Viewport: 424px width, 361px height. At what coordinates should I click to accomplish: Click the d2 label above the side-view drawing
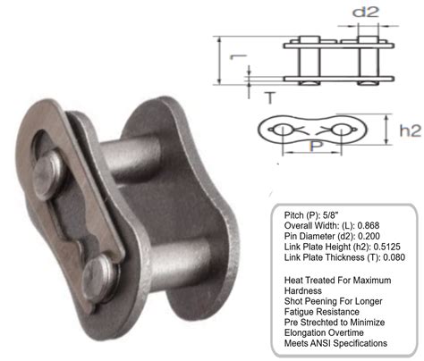click(366, 12)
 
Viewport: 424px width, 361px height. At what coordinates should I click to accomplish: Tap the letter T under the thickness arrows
click(270, 97)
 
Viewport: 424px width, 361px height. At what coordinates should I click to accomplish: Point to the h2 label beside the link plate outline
click(411, 130)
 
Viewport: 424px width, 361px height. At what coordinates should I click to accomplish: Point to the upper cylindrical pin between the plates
click(131, 158)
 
